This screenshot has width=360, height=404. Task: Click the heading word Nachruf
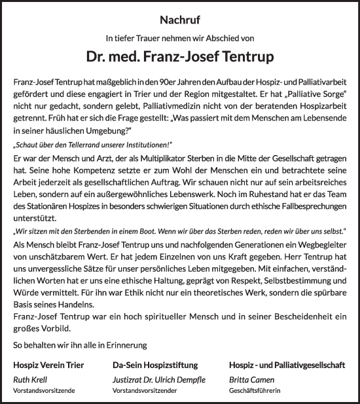(179, 20)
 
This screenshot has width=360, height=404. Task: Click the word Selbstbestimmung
(267, 292)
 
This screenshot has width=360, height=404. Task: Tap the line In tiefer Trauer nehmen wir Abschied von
(179, 38)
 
